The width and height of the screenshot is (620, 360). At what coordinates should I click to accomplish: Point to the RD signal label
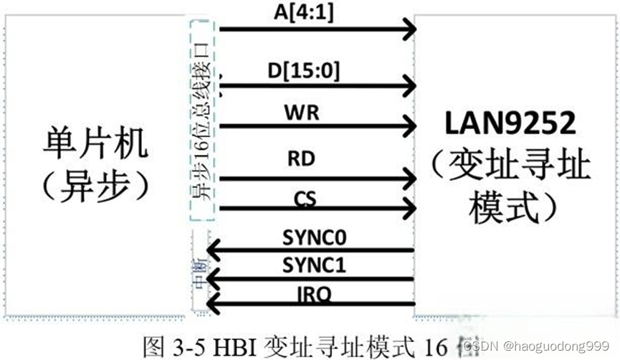point(301,157)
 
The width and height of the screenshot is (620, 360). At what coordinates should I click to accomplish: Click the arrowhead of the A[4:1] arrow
point(410,29)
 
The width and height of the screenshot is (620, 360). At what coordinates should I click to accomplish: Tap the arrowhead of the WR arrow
point(410,127)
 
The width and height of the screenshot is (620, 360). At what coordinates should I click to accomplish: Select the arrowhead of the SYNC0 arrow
point(213,250)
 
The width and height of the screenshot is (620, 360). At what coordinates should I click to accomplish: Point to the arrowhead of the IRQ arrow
point(213,306)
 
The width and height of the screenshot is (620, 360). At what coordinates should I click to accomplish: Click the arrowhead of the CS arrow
point(410,209)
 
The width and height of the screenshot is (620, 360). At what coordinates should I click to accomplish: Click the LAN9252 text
point(510,123)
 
